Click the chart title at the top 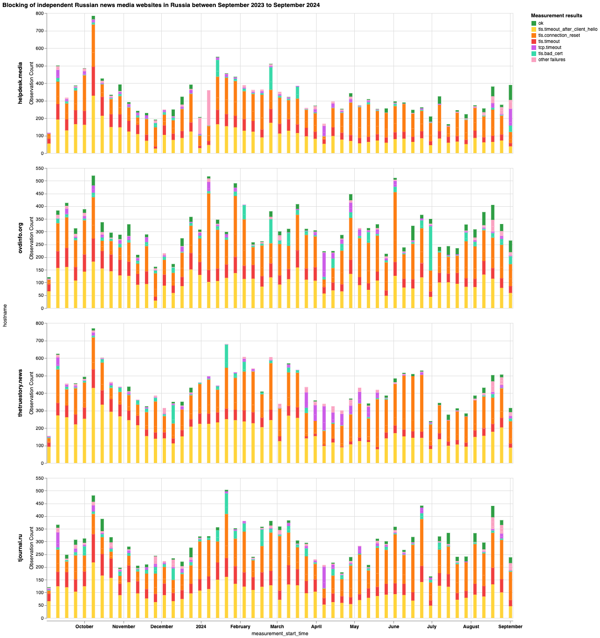161,5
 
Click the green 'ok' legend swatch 534,23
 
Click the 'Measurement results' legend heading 556,16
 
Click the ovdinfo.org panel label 21,237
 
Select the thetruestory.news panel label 21,393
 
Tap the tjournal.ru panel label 21,548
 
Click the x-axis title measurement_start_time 280,633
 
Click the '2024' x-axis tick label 201,626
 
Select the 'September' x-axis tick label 510,626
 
